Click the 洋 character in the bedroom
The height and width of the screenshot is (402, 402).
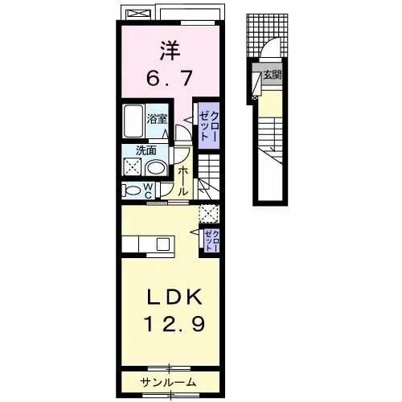point(170,50)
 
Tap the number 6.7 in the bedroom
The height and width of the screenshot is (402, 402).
point(170,78)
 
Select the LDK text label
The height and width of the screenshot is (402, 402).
point(174,297)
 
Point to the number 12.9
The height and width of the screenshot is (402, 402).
point(174,323)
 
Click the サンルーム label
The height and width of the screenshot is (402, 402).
point(168,382)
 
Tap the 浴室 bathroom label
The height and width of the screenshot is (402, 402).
point(157,119)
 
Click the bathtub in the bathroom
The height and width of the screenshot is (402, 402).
point(133,121)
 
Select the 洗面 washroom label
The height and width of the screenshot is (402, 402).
point(146,150)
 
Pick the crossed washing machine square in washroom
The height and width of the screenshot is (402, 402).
point(132,166)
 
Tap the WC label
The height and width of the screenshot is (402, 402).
point(148,191)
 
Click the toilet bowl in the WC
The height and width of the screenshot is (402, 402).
point(132,191)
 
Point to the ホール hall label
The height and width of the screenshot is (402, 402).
point(183,181)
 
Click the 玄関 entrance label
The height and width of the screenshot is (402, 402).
point(273,75)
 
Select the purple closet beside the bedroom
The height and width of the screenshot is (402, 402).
point(209,126)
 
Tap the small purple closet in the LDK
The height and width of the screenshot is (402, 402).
point(211,240)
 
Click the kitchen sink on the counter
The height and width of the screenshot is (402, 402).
point(162,244)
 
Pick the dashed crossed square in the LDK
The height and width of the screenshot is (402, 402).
point(209,214)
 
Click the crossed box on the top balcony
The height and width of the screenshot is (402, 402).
point(138,14)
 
